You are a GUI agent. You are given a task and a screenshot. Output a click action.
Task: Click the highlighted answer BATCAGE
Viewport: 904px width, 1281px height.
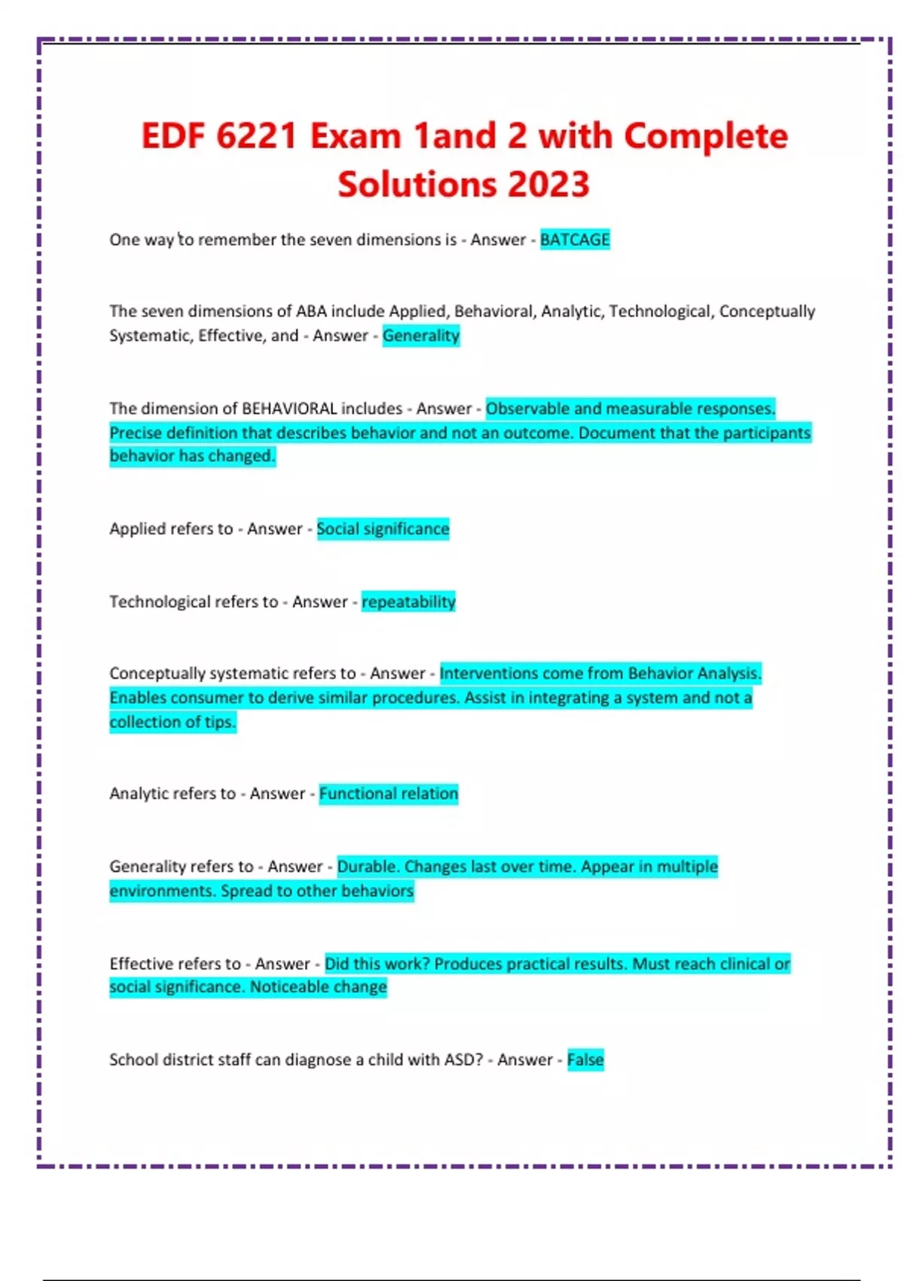tap(574, 240)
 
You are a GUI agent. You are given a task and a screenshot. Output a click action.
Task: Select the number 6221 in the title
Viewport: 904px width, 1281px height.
tap(256, 136)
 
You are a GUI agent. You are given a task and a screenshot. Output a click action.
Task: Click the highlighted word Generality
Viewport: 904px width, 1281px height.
tap(420, 335)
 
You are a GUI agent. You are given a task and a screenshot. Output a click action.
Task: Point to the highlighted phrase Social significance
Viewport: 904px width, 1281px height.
tap(383, 529)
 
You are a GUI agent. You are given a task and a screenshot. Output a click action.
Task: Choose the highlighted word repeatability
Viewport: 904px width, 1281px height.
tap(408, 601)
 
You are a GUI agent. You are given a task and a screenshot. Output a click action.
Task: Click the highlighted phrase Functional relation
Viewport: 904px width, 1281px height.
tap(388, 793)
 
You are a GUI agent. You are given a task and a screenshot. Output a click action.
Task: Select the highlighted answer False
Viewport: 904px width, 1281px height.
tap(585, 1059)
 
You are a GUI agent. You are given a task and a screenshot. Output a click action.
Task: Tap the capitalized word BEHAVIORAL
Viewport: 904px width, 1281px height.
tap(289, 408)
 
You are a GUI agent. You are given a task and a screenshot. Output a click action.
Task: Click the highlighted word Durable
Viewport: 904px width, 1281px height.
tap(366, 867)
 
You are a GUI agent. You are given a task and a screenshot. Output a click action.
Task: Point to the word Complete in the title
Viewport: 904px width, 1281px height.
tap(705, 136)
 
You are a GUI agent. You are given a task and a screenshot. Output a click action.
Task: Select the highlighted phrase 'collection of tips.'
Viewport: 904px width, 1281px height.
tap(173, 722)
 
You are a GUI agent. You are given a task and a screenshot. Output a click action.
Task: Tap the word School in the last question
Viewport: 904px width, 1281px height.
tap(133, 1059)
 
